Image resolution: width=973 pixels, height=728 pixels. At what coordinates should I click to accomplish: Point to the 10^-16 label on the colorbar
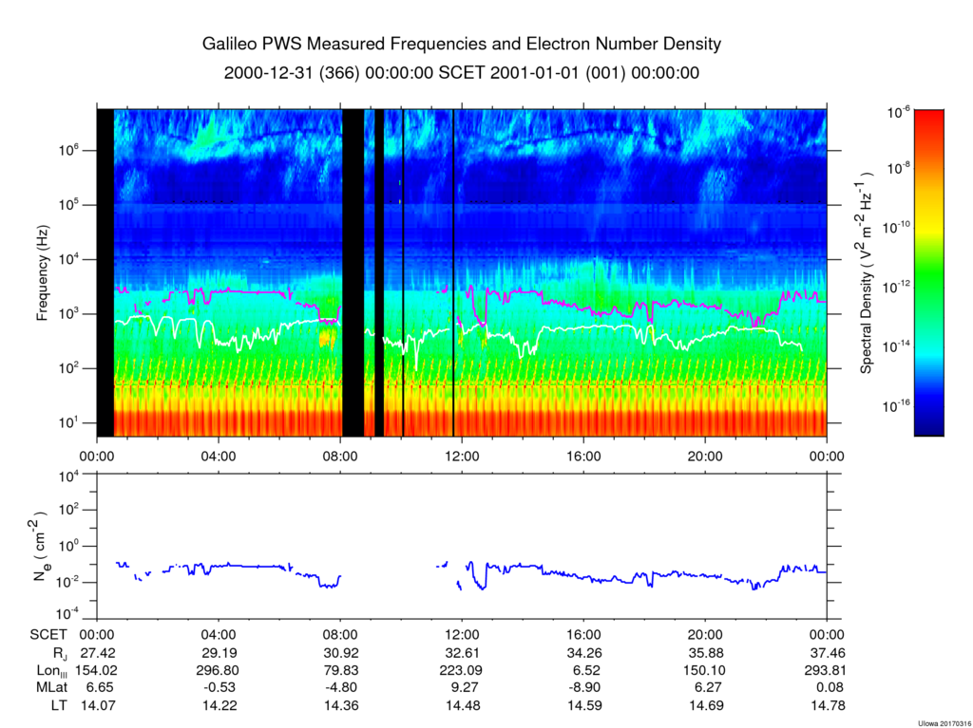point(895,405)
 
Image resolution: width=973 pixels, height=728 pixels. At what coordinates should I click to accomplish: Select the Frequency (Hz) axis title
point(42,272)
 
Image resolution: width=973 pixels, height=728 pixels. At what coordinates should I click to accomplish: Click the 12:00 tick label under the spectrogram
point(462,457)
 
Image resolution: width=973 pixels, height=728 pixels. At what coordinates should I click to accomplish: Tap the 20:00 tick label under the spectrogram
point(705,457)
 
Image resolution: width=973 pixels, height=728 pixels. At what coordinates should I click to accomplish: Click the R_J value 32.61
point(462,653)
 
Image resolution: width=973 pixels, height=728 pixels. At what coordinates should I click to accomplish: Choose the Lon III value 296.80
point(219,670)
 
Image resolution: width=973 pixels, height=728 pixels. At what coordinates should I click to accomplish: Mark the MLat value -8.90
point(584,688)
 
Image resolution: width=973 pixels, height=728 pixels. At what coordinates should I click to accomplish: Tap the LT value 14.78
point(829,705)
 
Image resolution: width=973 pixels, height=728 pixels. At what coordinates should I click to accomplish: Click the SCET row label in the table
point(48,635)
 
